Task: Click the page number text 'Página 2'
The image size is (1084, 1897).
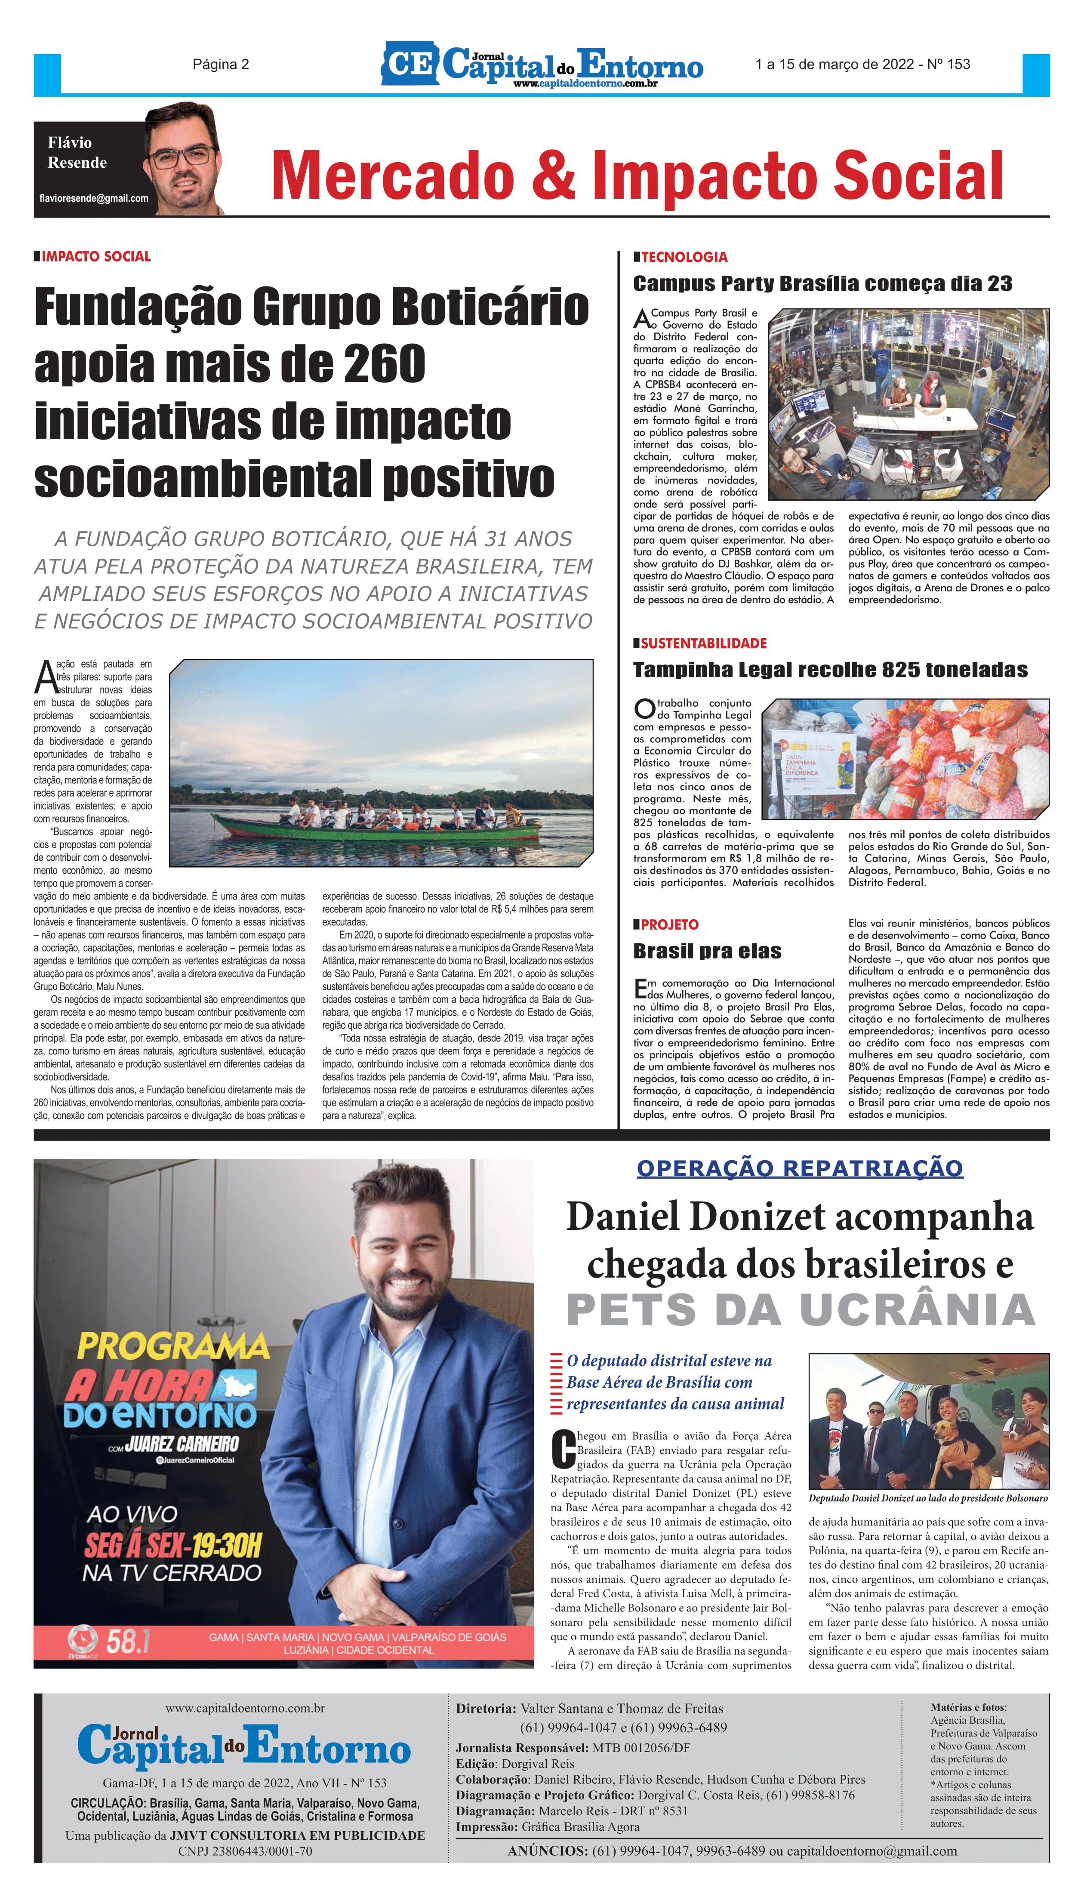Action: (x=220, y=65)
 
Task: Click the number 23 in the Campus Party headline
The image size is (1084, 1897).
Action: (x=999, y=283)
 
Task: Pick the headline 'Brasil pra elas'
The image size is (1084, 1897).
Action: (x=707, y=952)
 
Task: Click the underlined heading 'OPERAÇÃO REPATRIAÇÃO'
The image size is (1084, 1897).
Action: (x=800, y=1168)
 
